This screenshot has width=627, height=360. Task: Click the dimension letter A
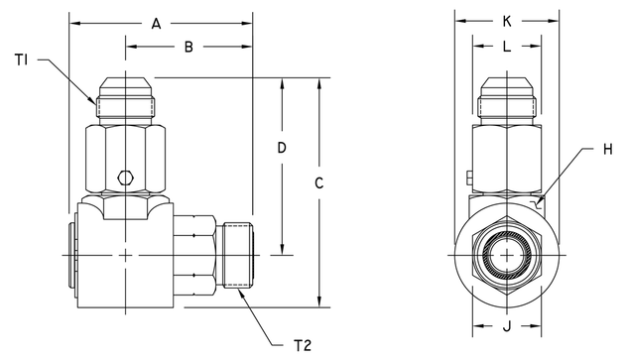pos(157,24)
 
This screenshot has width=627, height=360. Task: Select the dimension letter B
pos(189,46)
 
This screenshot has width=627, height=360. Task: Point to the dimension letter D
pos(282,148)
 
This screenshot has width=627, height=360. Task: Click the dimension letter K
pos(507,20)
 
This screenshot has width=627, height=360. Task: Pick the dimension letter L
pos(507,46)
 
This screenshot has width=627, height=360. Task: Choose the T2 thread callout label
pos(304,344)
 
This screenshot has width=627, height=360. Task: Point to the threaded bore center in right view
pos(507,256)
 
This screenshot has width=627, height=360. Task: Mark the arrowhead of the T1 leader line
pos(95,102)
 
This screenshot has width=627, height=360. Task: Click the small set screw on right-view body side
pos(465,179)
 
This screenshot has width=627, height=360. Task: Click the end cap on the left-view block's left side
pos(72,256)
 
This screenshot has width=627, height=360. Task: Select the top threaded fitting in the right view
pos(507,98)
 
